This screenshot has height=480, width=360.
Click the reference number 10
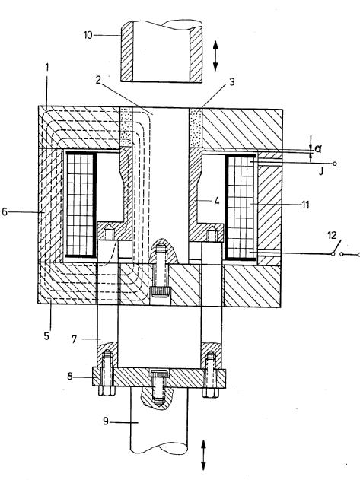(88, 35)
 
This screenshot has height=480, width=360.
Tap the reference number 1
(47, 68)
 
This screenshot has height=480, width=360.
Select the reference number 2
(97, 80)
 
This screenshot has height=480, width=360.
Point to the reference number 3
(231, 81)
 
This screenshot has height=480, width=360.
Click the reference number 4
(217, 201)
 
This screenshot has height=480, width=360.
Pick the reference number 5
(46, 336)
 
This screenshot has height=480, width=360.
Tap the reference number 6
(5, 211)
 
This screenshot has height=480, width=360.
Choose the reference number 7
(74, 339)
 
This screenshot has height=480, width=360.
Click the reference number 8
(70, 377)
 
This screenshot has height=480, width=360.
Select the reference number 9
(106, 421)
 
